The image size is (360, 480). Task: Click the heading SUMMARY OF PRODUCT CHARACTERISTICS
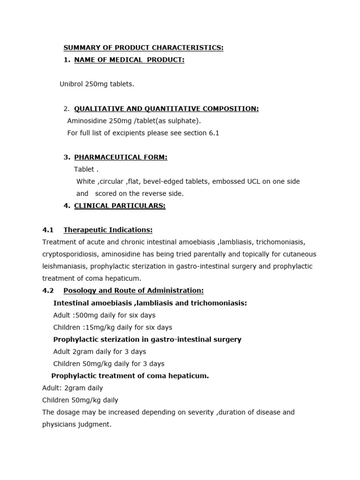[x=143, y=48]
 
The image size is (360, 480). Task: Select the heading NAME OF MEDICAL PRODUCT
[x=129, y=60]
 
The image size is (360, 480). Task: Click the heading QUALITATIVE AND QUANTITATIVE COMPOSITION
[x=166, y=109]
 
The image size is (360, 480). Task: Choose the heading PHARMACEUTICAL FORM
[x=120, y=157]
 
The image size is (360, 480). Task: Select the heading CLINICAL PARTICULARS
[x=120, y=206]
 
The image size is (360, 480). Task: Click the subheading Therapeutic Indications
[x=108, y=230]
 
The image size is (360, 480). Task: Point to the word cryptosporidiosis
[x=71, y=254]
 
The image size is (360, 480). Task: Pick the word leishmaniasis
[x=64, y=266]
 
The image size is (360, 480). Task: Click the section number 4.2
[x=48, y=291]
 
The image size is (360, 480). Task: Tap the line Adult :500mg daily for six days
[x=104, y=315]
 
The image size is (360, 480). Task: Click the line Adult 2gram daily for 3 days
[x=99, y=352]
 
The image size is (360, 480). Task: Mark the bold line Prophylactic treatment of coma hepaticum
[x=130, y=376]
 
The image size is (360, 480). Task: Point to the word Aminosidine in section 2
[x=87, y=121]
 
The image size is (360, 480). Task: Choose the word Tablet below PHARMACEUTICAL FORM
[x=84, y=170]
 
